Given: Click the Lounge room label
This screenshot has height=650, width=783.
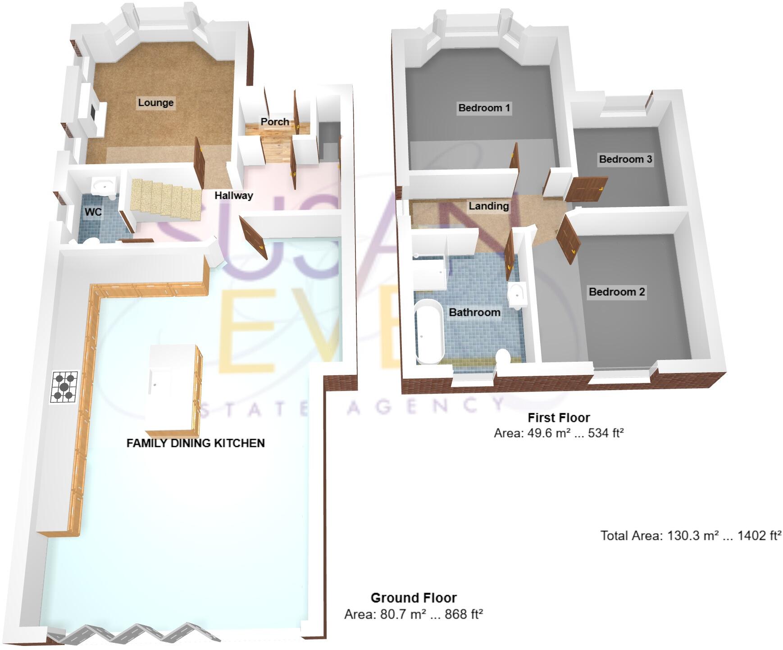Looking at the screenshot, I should (155, 103).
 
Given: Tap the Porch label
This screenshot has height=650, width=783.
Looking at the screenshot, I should (275, 122).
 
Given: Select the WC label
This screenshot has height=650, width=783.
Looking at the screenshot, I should (93, 212).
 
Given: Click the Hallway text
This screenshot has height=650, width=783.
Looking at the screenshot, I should (233, 195).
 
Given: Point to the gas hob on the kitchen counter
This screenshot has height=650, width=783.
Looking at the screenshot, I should (64, 387).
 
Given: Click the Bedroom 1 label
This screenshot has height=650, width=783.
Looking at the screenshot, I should (484, 108).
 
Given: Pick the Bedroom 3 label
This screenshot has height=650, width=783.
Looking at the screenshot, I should (625, 159).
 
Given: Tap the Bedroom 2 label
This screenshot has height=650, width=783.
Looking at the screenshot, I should (617, 292).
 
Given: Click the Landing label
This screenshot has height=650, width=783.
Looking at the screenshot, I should (489, 206).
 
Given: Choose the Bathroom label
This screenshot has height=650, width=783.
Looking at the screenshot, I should (474, 312).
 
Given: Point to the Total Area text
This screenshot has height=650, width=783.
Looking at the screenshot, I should (691, 535).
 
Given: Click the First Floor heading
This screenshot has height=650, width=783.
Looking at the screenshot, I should (559, 418).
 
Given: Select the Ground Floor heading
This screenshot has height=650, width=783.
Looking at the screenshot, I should (414, 598).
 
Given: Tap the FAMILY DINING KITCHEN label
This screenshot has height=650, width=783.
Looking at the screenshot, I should (196, 443).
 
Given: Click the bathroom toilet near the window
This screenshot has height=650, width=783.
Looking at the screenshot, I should (503, 357).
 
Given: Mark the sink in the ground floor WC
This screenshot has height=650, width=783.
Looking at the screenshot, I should (104, 185).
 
